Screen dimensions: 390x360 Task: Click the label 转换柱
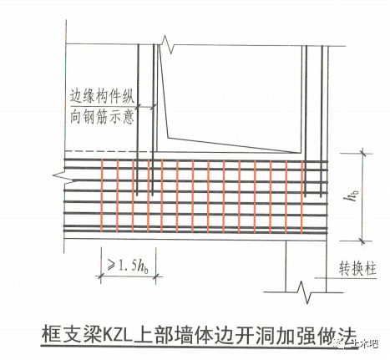click(357, 269)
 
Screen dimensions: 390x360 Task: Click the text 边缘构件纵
click(102, 96)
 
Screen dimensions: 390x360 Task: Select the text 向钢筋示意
click(102, 117)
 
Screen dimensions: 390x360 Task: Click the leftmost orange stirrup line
click(102, 195)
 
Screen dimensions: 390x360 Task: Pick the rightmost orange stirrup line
click(301, 195)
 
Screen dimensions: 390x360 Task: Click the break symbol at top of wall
click(167, 44)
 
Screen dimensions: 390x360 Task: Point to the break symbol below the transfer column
click(304, 292)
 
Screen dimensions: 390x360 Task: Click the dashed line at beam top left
click(109, 151)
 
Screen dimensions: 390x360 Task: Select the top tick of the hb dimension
click(362, 153)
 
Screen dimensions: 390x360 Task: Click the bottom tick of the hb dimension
click(362, 241)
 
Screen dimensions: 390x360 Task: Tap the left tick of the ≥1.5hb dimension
click(100, 276)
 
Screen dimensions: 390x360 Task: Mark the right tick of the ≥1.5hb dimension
click(156, 276)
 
